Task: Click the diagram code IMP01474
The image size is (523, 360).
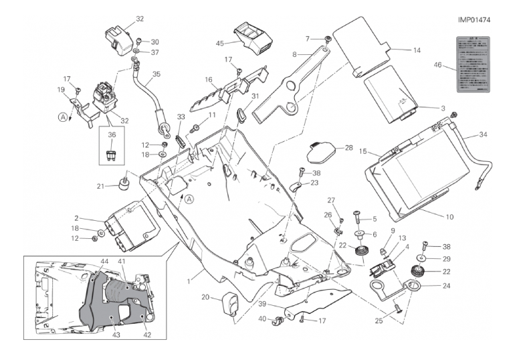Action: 475,19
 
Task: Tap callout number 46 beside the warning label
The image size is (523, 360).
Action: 438,65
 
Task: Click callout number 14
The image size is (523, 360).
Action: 417,50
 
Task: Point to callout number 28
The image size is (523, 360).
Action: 348,147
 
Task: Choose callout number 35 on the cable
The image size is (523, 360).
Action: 156,74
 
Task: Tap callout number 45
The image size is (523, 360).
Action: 219,43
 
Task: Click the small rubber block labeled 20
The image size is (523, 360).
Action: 230,303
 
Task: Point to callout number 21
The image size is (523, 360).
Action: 101,186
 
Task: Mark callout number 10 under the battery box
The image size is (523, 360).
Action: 449,217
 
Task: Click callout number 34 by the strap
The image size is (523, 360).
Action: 483,135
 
